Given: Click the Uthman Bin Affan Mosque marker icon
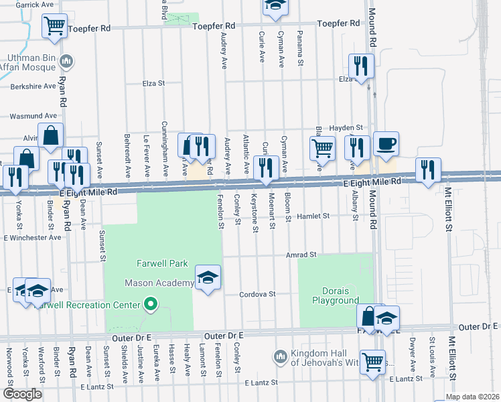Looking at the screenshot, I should (66, 62).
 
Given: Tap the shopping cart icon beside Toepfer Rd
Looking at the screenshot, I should (54, 26).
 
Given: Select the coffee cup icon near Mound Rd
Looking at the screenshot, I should (386, 143).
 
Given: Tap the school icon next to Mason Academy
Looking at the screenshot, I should (208, 277).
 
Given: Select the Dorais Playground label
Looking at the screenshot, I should (336, 295).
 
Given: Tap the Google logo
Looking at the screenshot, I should (23, 394).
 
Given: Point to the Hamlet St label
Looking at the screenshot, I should (315, 216).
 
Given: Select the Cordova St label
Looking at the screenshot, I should (259, 294).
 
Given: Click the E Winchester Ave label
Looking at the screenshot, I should (32, 238).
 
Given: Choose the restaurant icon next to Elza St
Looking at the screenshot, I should (360, 66).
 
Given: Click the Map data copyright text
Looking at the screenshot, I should (472, 397).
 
